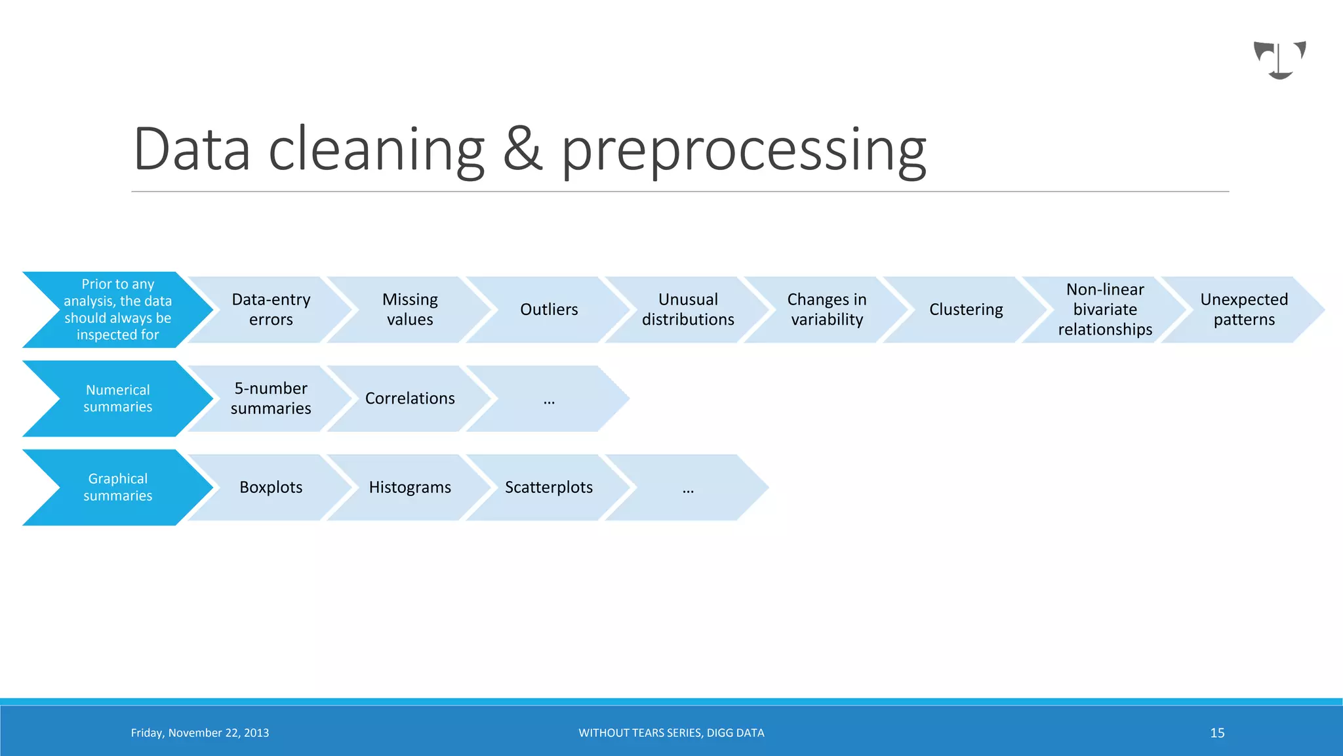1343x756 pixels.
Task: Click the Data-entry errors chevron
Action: click(x=271, y=310)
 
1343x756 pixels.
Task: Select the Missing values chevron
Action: click(x=410, y=310)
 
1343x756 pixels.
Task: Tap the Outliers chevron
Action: click(x=549, y=310)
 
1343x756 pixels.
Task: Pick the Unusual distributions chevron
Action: click(x=688, y=310)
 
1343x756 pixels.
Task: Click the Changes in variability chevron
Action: click(x=827, y=310)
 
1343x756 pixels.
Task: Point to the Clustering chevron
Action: click(x=966, y=310)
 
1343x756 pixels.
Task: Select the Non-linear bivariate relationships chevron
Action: click(x=1105, y=310)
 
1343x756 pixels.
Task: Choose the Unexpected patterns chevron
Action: click(x=1244, y=310)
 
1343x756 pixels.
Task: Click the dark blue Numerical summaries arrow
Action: click(x=118, y=398)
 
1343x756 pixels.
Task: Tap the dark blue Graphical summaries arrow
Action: click(x=118, y=487)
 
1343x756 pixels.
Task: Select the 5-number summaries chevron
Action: click(x=271, y=398)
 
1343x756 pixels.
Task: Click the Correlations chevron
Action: click(x=410, y=398)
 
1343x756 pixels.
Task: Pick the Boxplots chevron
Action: click(x=271, y=487)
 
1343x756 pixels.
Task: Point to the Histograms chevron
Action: click(x=410, y=487)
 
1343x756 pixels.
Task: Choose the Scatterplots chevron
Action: click(x=549, y=487)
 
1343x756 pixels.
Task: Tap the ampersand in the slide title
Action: click(x=523, y=150)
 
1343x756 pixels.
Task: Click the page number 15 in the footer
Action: click(x=1217, y=733)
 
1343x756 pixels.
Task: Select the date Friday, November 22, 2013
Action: click(x=200, y=733)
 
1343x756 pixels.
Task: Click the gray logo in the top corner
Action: click(x=1279, y=60)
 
